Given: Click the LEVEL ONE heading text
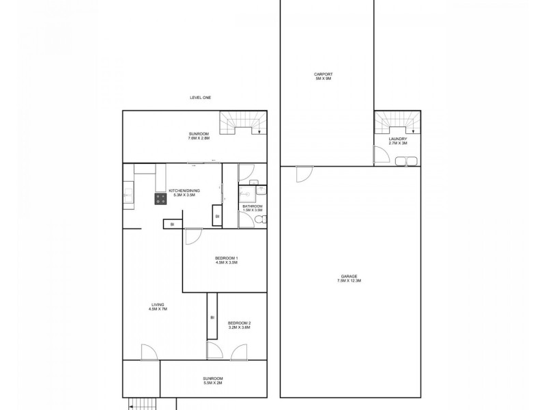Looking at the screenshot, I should [x=200, y=98].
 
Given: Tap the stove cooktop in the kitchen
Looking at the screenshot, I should [x=161, y=199].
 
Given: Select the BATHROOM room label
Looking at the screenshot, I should [x=252, y=206].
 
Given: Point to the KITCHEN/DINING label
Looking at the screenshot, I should [x=184, y=191].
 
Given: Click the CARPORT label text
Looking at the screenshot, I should [x=323, y=74].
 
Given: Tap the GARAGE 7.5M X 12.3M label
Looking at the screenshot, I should [x=348, y=276].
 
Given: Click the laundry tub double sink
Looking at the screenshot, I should [x=405, y=161].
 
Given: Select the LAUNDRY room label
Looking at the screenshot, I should [x=397, y=138].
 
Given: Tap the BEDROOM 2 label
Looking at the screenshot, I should [x=239, y=323].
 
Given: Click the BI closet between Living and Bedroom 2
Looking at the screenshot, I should [x=212, y=317].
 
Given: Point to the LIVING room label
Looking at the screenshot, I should [x=158, y=305].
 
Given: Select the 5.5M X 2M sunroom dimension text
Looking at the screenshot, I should [x=212, y=383].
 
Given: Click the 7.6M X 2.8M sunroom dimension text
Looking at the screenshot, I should [x=199, y=138].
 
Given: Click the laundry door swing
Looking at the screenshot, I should [x=382, y=156].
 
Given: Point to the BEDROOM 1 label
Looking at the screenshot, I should [x=227, y=258].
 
